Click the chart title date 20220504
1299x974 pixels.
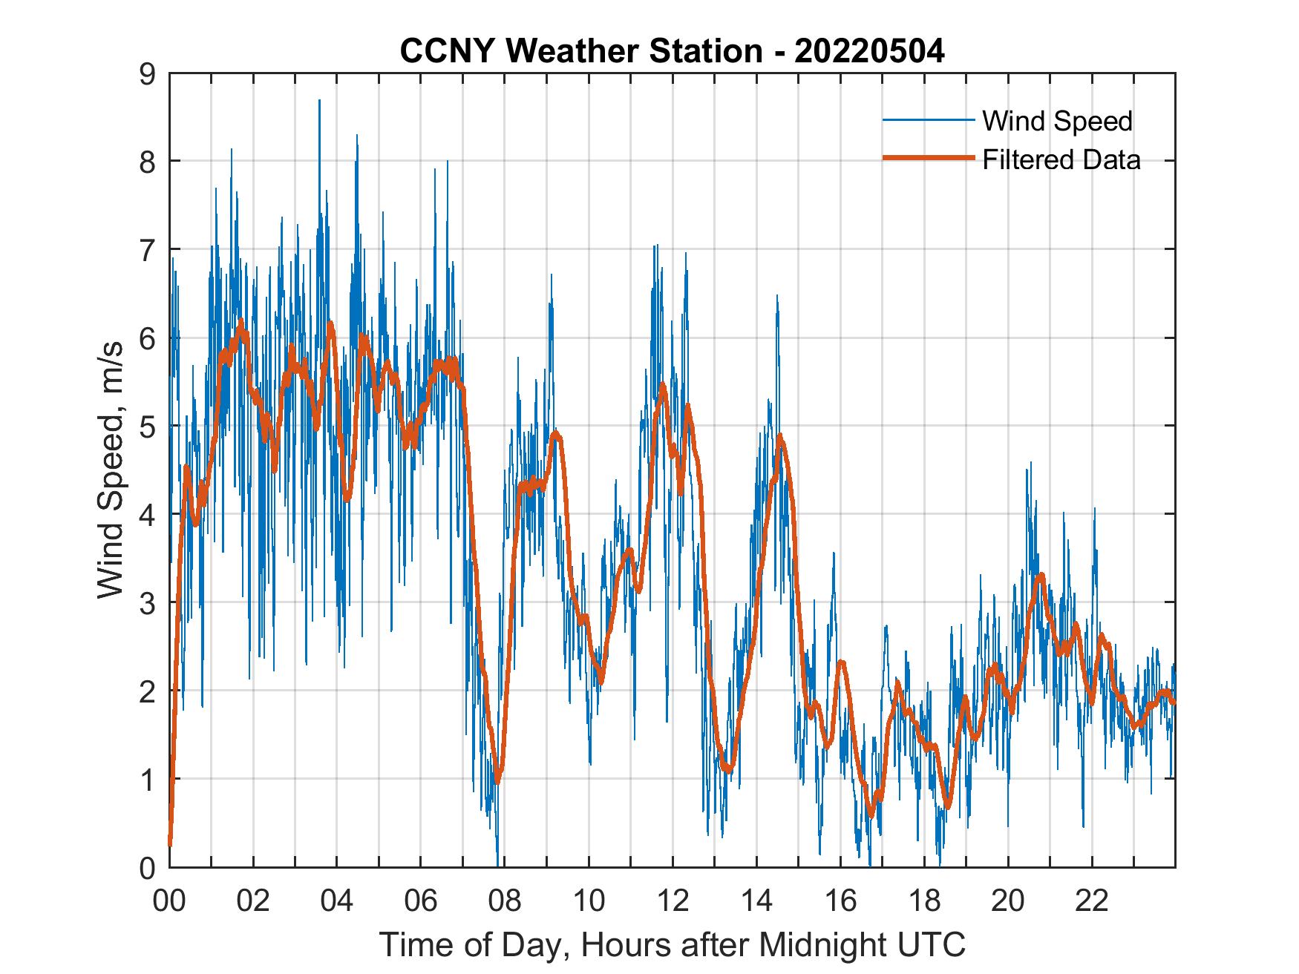(x=869, y=52)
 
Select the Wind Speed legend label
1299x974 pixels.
(x=1057, y=121)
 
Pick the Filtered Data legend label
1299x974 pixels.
(x=1061, y=159)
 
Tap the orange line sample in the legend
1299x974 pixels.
(x=928, y=158)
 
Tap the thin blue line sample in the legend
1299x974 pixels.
(x=928, y=120)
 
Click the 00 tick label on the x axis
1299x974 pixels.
(x=169, y=901)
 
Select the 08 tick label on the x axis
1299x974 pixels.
(x=505, y=901)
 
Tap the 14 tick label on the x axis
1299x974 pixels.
(x=756, y=901)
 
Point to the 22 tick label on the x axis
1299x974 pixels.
(x=1092, y=901)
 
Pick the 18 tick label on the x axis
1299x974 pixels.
(x=924, y=901)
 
